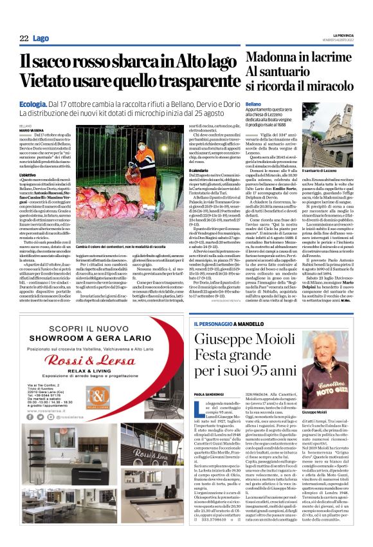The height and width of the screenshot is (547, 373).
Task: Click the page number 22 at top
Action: pos(24,39)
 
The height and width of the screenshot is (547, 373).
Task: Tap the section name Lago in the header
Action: pos(41,39)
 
